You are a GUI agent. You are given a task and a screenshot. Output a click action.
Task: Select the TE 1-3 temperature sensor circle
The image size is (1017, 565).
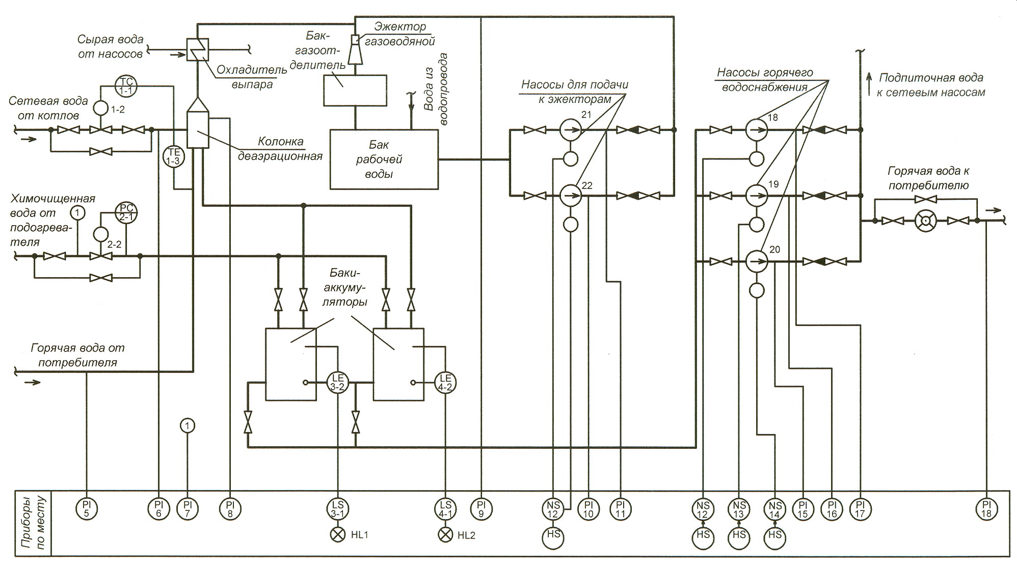click(174, 156)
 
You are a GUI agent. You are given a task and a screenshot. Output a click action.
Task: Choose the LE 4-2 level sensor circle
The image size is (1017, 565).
click(445, 382)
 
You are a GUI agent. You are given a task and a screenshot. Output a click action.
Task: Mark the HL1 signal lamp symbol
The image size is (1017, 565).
click(338, 535)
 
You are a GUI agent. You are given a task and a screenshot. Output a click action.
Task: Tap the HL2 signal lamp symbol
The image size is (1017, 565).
click(445, 535)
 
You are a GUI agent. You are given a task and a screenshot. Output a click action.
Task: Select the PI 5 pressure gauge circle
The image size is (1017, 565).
click(86, 509)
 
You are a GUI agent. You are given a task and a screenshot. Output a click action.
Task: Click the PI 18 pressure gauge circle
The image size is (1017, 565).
click(986, 509)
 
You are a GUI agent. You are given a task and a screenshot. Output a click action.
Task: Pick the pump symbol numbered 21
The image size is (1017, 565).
click(570, 130)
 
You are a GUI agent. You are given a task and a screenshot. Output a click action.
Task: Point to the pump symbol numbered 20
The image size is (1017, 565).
click(757, 261)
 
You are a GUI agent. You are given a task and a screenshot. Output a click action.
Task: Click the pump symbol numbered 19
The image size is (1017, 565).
click(757, 196)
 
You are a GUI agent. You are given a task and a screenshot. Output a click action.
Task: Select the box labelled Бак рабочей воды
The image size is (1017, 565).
click(384, 159)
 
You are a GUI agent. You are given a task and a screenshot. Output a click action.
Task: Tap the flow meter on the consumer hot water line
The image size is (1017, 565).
click(925, 221)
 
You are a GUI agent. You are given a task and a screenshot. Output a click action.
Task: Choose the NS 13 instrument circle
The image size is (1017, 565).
click(739, 509)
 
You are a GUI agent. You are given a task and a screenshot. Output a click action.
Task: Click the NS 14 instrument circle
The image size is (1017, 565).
click(775, 509)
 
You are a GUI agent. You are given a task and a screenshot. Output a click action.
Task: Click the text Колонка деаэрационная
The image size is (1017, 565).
click(280, 148)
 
